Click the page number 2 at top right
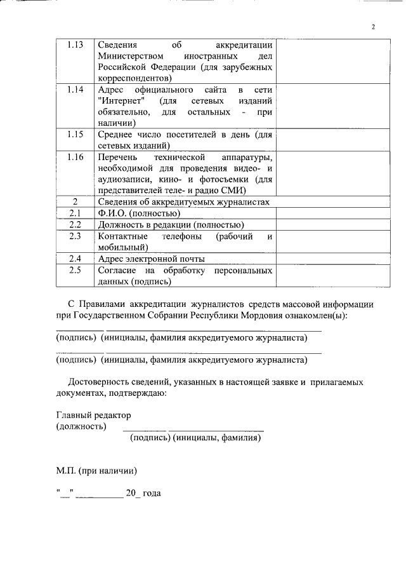pyautogui.click(x=374, y=27)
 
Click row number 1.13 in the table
pyautogui.click(x=75, y=45)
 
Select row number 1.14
pyautogui.click(x=75, y=90)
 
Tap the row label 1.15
pyautogui.click(x=75, y=134)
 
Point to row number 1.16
pyautogui.click(x=75, y=156)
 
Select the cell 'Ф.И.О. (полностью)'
pyautogui.click(x=136, y=213)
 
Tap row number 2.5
pyautogui.click(x=75, y=270)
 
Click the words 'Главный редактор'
pyautogui.click(x=93, y=415)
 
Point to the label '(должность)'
pyautogui.click(x=81, y=426)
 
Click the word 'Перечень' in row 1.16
pyautogui.click(x=117, y=156)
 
